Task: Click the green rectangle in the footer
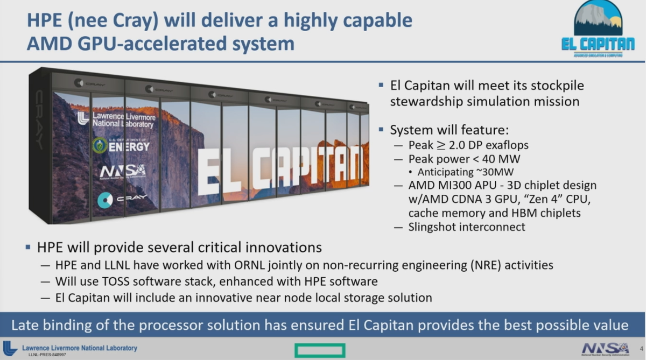coord(319,350)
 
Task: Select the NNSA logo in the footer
coord(605,348)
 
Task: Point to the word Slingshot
coord(433,227)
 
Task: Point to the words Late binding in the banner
coord(52,325)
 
